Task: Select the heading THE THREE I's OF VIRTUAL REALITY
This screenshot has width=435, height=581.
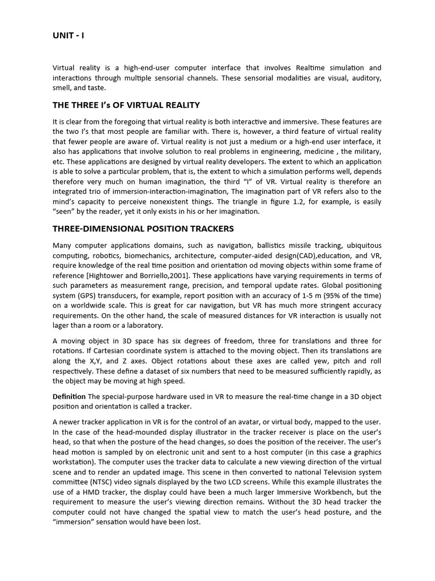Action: [x=126, y=105]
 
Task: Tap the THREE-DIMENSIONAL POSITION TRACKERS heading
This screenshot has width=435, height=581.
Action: [x=143, y=229]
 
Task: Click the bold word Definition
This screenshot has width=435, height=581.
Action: [x=69, y=396]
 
